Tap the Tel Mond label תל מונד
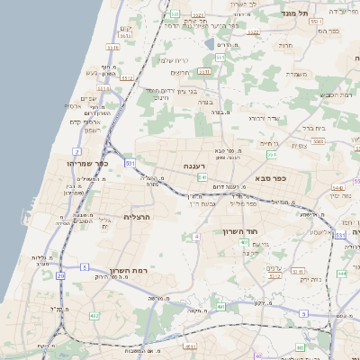pos(320,13)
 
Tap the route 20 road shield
pos(60,275)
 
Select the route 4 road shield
pos(195,237)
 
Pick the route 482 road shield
pos(94,316)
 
